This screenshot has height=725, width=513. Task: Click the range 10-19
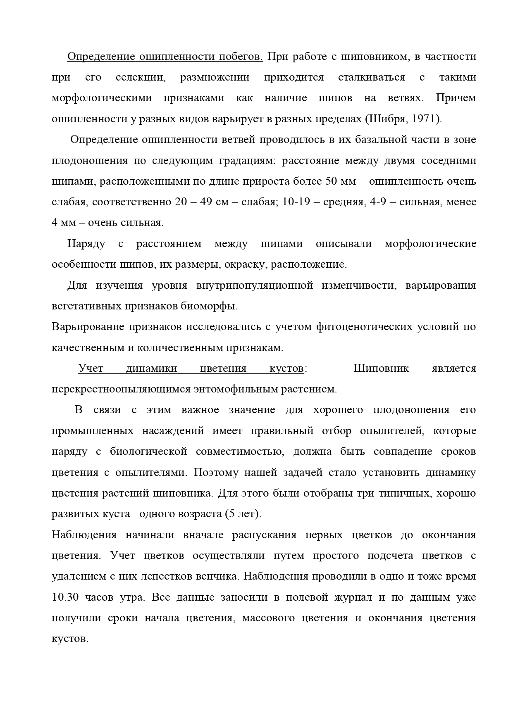coord(296,202)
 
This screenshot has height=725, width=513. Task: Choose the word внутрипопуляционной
coord(254,285)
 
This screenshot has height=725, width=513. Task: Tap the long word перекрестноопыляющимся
coord(116,389)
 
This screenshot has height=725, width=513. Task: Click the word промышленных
coord(93,431)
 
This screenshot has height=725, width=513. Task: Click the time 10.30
coord(63,597)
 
